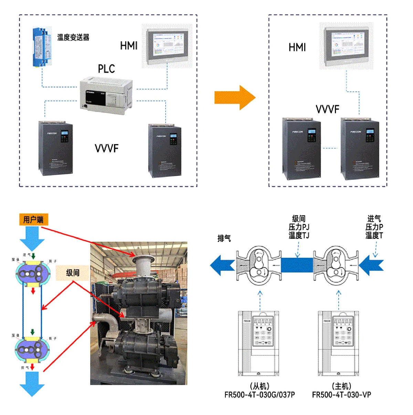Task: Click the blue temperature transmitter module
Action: [x=42, y=47]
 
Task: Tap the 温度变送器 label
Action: [x=73, y=37]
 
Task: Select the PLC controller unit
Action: [x=106, y=95]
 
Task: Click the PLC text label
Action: [x=106, y=69]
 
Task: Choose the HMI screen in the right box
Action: [x=346, y=46]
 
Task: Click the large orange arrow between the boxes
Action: [x=235, y=98]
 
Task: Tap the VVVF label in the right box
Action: [x=327, y=109]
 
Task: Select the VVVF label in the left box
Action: [x=106, y=148]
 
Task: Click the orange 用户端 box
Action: [x=33, y=220]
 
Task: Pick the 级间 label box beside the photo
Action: [x=73, y=273]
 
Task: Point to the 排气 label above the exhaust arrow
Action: [x=224, y=238]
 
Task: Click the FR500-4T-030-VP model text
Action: [x=341, y=395]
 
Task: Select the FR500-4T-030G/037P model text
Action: [x=260, y=395]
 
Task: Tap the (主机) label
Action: [x=341, y=386]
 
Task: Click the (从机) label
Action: [x=260, y=386]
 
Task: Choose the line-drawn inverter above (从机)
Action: [x=259, y=343]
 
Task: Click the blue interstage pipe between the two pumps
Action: [x=297, y=265]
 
